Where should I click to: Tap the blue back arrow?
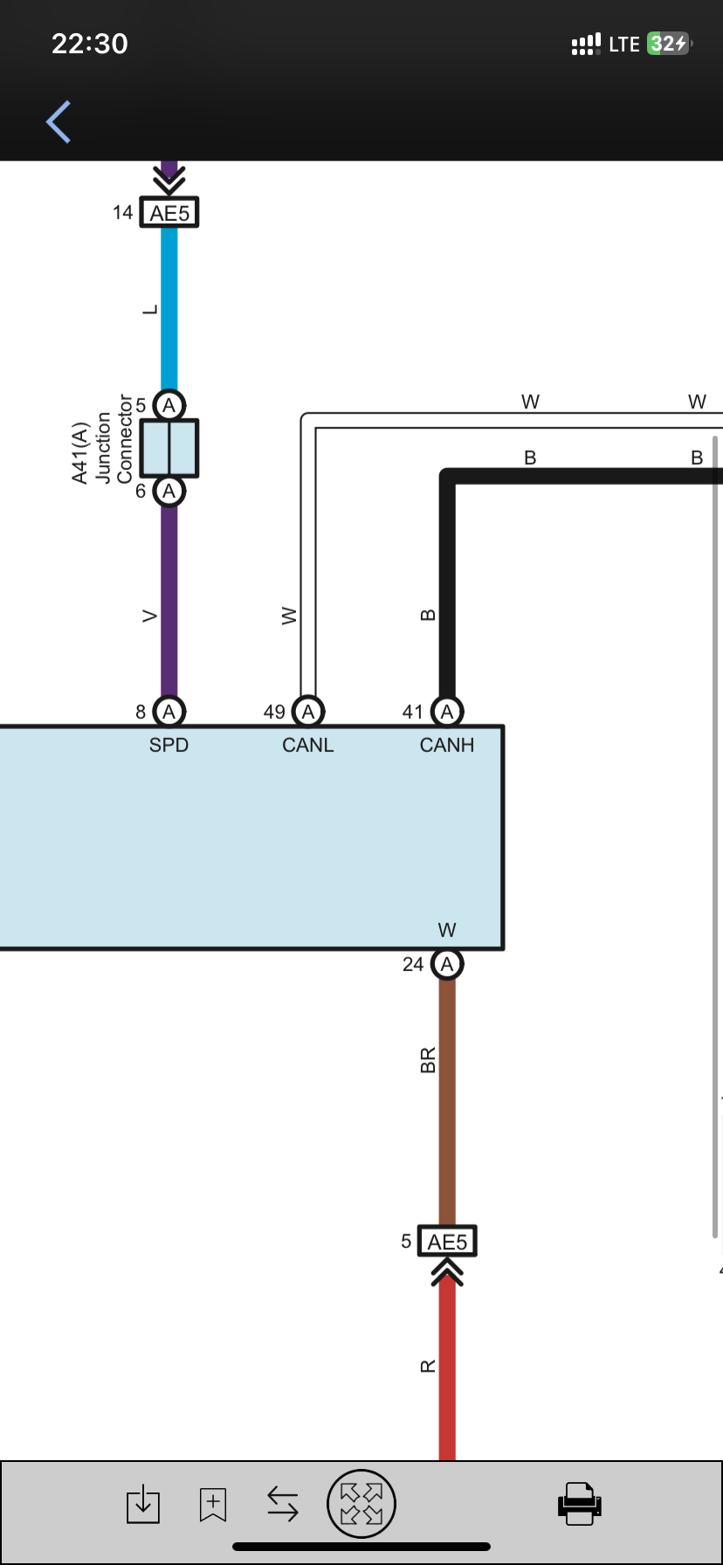[59, 121]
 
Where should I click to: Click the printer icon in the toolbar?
[579, 1503]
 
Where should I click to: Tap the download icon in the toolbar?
[143, 1504]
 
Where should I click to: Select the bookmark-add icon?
[213, 1504]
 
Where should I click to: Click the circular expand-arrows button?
[361, 1503]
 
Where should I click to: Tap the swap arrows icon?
[283, 1504]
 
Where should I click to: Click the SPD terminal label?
[169, 745]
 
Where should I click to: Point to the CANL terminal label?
[307, 745]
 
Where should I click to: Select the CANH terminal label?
[446, 745]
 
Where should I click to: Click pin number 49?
[274, 713]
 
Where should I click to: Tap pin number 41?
[413, 713]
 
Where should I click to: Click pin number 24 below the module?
[413, 964]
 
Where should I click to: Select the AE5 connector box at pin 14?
[169, 213]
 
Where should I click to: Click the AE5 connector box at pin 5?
[447, 1242]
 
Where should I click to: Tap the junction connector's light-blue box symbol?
[169, 448]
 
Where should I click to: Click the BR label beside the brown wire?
[428, 1060]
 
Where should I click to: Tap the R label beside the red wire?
[428, 1366]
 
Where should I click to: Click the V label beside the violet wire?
[150, 616]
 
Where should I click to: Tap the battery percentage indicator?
[668, 44]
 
